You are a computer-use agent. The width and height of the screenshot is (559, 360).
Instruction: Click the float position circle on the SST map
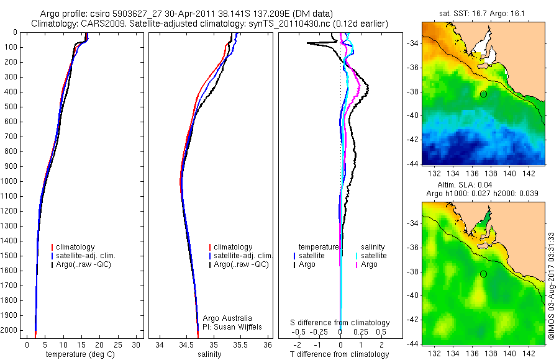click(483, 94)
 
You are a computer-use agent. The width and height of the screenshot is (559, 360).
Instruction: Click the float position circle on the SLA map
click(483, 274)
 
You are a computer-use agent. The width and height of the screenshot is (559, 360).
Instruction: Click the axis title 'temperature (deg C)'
click(81, 354)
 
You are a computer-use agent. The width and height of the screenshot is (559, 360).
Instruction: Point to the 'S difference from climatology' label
click(340, 323)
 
